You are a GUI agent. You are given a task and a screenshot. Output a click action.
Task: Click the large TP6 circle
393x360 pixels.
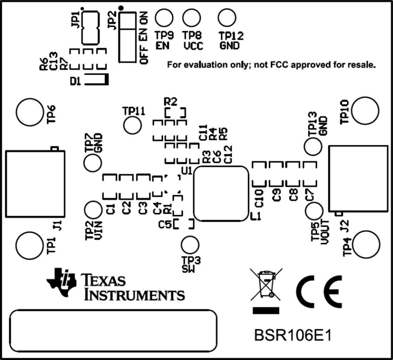(x=29, y=112)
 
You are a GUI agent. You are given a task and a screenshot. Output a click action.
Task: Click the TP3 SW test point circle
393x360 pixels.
(x=190, y=245)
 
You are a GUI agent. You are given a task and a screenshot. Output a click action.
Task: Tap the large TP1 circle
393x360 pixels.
(x=29, y=245)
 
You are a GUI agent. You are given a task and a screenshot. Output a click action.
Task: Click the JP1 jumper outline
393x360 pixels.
(x=90, y=27)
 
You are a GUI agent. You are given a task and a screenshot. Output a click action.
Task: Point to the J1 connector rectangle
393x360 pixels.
(x=35, y=184)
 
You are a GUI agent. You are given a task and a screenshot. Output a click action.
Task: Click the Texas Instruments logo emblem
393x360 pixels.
(x=61, y=282)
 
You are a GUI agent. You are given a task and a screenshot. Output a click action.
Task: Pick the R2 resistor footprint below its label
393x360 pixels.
(x=175, y=113)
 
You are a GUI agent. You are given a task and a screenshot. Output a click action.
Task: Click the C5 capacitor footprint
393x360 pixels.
(x=184, y=224)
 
